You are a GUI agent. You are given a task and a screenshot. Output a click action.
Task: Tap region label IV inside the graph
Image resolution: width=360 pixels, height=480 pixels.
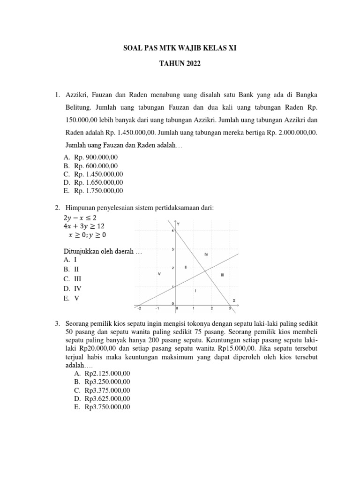point(206,254)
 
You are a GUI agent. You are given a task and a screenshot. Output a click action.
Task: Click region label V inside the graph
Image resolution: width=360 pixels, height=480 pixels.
point(159,274)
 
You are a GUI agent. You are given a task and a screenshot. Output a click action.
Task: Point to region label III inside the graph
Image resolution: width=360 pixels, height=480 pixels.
point(223,275)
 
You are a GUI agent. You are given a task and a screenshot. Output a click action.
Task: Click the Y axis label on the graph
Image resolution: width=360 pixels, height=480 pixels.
point(178,225)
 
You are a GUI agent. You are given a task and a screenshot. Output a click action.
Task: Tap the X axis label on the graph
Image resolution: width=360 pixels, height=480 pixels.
point(234,300)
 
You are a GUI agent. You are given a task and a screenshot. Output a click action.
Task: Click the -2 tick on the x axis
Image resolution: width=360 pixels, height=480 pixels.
point(138,308)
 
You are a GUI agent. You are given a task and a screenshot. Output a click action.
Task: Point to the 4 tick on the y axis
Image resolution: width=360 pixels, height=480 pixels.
point(172,231)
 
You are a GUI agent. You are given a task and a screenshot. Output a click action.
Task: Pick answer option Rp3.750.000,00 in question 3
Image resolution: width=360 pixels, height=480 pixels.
point(107,407)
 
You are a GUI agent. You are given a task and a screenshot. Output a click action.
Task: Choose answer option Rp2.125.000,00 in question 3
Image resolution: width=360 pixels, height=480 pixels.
point(107,374)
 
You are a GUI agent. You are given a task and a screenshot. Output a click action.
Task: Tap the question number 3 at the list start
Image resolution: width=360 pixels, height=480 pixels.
point(57,324)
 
